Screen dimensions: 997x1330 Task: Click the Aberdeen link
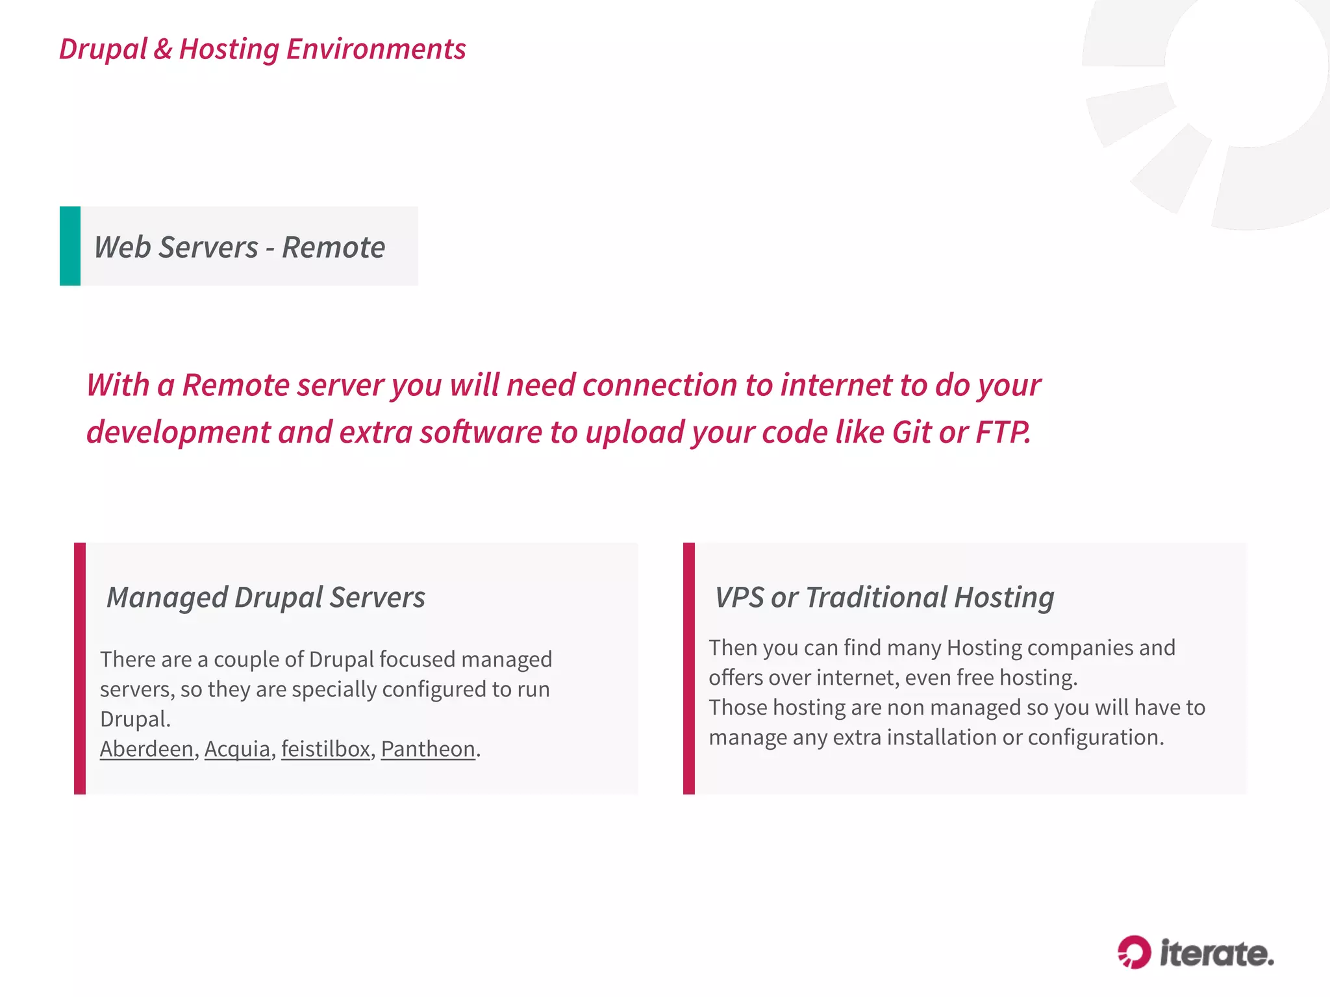pos(147,749)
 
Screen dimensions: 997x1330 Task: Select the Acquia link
pos(237,749)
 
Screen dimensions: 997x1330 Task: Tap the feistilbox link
pos(325,749)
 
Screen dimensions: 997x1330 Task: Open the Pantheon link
pos(428,749)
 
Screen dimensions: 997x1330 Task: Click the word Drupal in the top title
pos(103,49)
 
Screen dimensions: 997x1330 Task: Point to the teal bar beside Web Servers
pos(70,246)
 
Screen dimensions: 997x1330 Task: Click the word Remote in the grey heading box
pos(333,247)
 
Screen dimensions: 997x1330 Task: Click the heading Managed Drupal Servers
pos(266,597)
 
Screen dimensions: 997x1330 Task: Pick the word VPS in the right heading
pos(739,597)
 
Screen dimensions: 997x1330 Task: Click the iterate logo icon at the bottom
pos(1134,952)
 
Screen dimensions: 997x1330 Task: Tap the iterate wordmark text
pos(1217,954)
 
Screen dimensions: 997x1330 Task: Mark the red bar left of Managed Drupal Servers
pos(80,668)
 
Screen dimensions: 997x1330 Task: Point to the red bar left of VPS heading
pos(689,668)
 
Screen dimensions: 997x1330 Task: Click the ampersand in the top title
pos(163,49)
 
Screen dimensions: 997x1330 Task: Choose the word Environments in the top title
pos(376,49)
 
